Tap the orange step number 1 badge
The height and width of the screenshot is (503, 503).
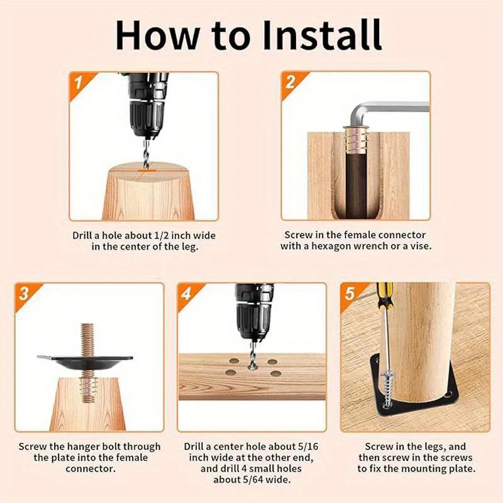click(78, 84)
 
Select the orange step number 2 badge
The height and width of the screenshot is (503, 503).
click(290, 83)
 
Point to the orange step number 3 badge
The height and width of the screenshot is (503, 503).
click(25, 294)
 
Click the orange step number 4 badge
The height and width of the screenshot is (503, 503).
click(187, 294)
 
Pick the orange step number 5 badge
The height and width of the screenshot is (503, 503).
click(350, 294)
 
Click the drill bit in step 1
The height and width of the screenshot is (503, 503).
click(146, 154)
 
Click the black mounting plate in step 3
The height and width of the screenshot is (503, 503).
click(85, 363)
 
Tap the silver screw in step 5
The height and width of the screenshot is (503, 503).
click(388, 387)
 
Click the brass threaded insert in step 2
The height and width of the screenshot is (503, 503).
click(356, 139)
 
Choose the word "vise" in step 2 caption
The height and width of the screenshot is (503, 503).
click(420, 246)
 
